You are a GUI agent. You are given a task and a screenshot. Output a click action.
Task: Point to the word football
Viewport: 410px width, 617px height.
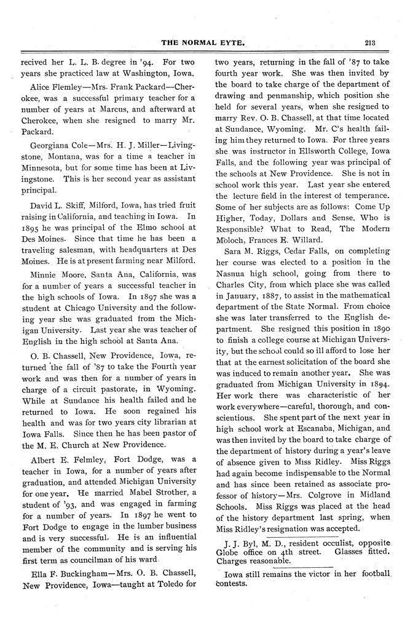tap(372, 573)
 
